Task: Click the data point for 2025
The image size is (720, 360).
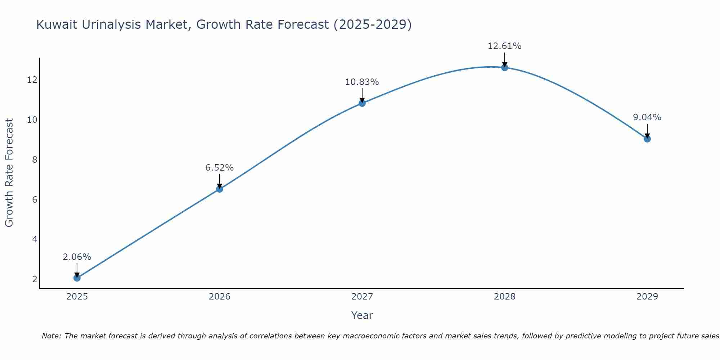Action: [x=77, y=278]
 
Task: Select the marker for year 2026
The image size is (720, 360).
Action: [x=219, y=189]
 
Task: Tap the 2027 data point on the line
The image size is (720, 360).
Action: [x=362, y=103]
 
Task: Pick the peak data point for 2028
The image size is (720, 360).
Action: [x=504, y=67]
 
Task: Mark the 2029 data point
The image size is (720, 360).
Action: [x=647, y=139]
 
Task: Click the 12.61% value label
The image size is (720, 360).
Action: [x=504, y=46]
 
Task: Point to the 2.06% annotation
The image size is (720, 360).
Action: [x=77, y=257]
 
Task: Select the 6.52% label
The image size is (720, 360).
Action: [x=219, y=168]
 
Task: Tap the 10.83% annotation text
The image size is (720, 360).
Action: [x=362, y=82]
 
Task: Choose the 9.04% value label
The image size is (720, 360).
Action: [x=647, y=117]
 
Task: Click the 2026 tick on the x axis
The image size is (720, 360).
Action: [x=219, y=297]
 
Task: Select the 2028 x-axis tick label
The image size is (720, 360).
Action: [x=504, y=297]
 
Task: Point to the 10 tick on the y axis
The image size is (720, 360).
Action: [x=32, y=120]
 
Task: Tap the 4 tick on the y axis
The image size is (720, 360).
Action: [x=35, y=239]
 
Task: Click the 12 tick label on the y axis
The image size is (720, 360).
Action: [x=32, y=80]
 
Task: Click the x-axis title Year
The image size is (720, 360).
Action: [x=362, y=315]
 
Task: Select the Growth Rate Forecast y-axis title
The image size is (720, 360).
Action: [x=9, y=173]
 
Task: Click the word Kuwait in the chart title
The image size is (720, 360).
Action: [x=57, y=25]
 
